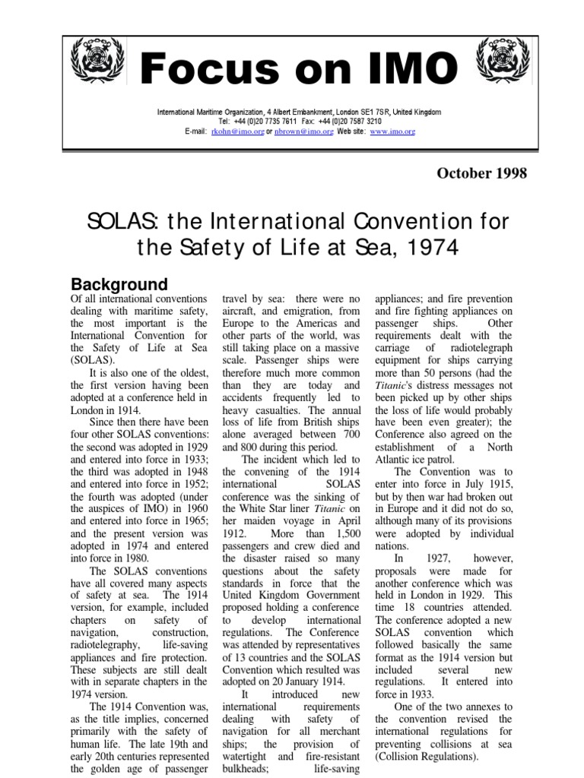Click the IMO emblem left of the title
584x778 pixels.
tap(94, 62)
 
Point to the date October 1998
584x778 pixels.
tap(481, 173)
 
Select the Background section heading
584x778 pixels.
tap(119, 285)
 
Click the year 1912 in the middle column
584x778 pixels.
tap(236, 533)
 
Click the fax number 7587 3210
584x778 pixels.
tap(360, 121)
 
